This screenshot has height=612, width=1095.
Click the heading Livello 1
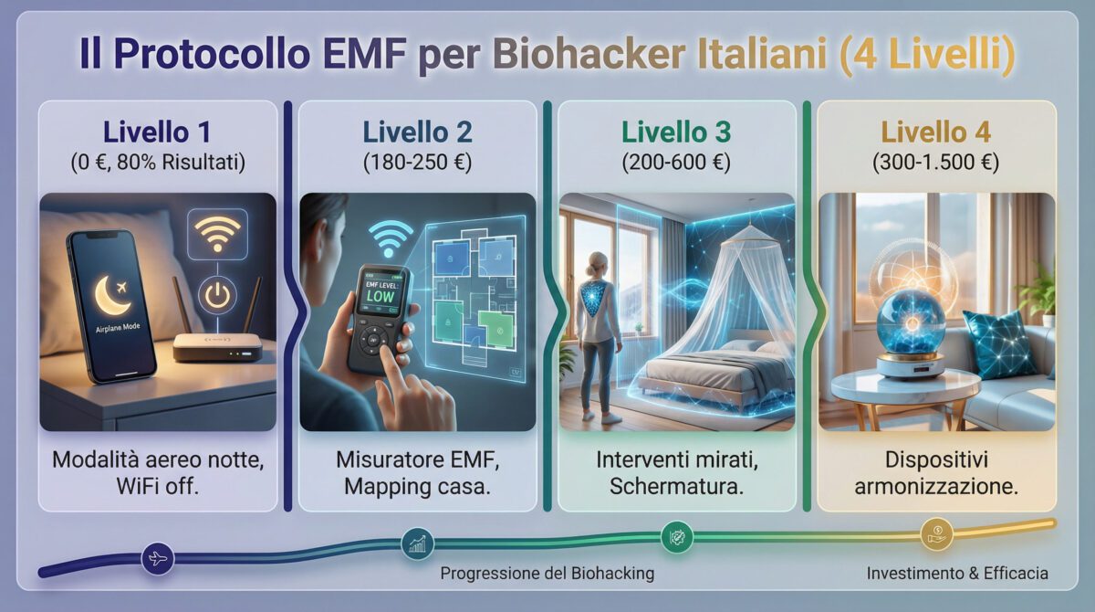(157, 132)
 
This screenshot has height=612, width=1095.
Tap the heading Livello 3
(675, 132)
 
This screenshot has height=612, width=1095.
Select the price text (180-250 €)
(417, 164)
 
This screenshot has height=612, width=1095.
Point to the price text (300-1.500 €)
(935, 164)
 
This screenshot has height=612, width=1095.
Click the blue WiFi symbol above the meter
(391, 239)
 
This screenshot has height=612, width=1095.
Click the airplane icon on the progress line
(158, 558)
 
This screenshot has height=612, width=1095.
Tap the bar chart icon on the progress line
(418, 544)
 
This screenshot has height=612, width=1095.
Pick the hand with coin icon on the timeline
(935, 533)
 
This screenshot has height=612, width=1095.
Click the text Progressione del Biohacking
(547, 574)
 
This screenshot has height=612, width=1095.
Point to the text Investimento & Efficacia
(956, 574)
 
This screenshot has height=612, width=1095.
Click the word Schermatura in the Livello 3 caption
(676, 487)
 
